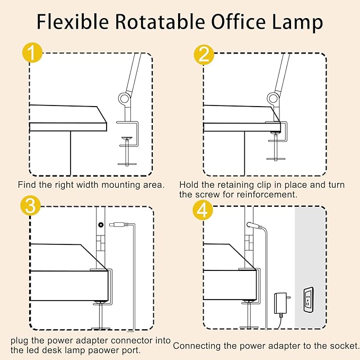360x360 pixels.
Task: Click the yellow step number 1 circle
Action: click(x=33, y=54)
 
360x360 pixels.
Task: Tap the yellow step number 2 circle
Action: click(x=204, y=54)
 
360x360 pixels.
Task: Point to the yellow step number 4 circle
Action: click(x=204, y=209)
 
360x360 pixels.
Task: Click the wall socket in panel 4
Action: click(x=308, y=298)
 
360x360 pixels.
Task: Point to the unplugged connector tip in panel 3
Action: click(x=117, y=225)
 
